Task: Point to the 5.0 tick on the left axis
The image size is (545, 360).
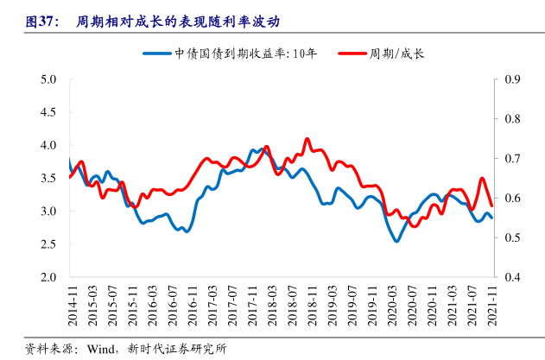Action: point(48,79)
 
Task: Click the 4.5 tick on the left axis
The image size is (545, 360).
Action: point(48,112)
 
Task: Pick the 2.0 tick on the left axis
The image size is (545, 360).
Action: point(48,277)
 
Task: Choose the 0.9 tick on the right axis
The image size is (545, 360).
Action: point(512,79)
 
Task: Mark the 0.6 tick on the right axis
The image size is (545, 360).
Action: point(512,199)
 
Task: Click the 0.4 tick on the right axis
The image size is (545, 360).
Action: point(512,277)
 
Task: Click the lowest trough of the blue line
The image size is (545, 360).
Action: point(396,241)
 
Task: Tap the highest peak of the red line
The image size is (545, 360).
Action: point(307,138)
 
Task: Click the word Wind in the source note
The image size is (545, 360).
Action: point(99,349)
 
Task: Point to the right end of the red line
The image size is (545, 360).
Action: point(491,205)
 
